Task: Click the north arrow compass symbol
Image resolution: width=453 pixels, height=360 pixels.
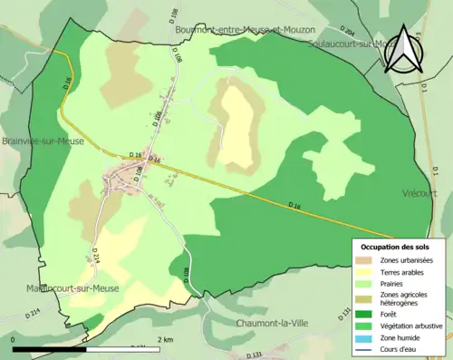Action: tap(401, 50)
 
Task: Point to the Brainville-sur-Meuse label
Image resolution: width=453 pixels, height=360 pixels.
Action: tap(43, 141)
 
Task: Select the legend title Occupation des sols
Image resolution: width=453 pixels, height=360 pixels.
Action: tap(395, 247)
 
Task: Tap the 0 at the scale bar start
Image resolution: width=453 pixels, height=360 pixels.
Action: tap(14, 340)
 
